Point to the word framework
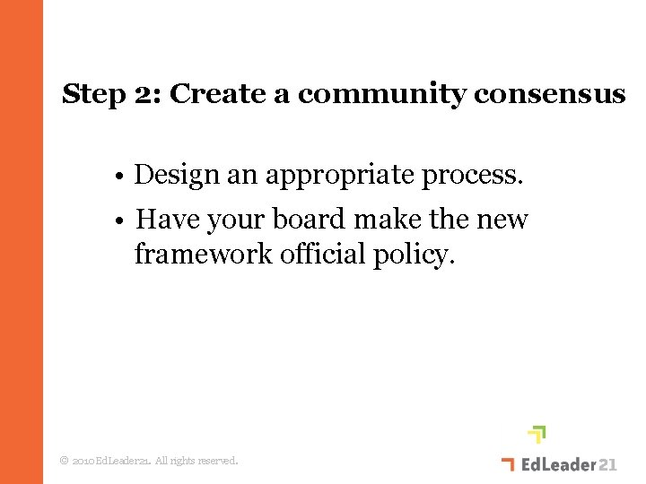[204, 255]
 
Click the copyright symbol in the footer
[63, 461]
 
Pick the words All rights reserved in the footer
[196, 461]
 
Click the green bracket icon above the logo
[537, 435]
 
